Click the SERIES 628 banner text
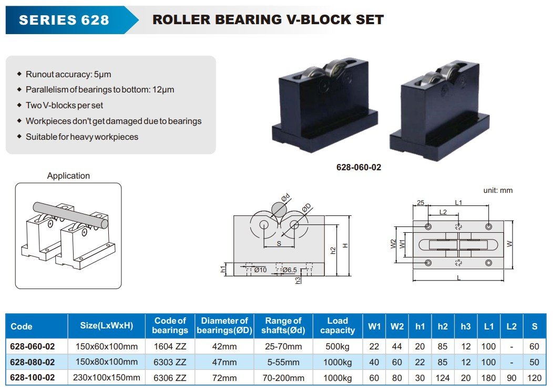64,20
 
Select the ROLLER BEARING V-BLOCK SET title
268,19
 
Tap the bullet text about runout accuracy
68,75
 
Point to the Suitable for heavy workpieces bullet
82,137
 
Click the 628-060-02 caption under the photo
359,167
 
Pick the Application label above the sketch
68,176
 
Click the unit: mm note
498,190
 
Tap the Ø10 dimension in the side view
260,270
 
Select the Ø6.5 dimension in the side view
290,270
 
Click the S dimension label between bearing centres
279,243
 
